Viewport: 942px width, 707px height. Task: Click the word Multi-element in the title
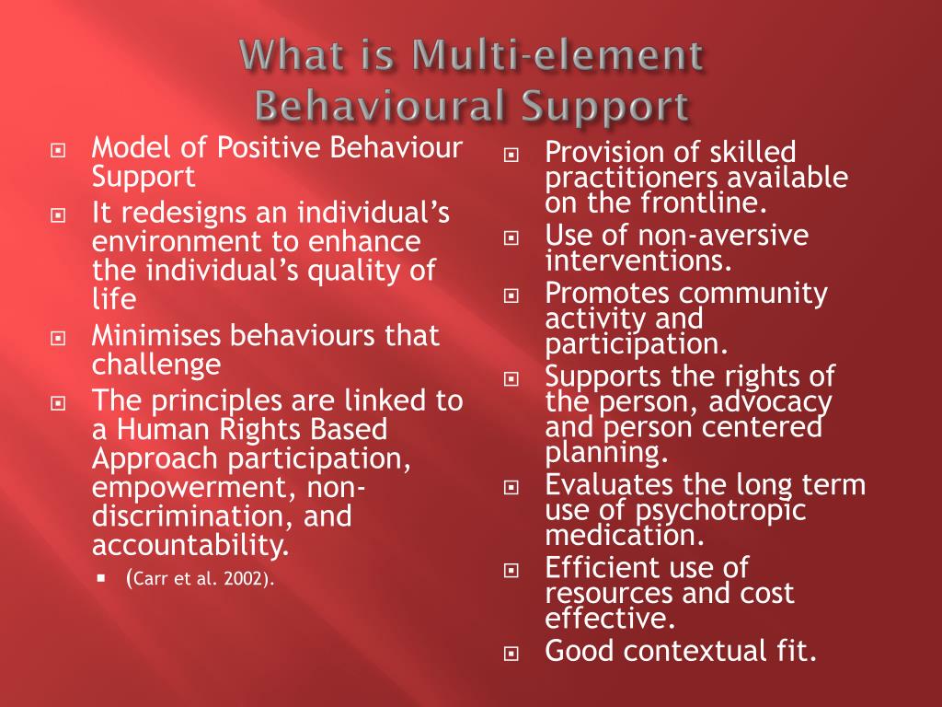point(556,57)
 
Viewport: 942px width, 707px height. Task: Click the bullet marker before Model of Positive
point(59,149)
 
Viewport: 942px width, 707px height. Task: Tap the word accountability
point(190,546)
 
